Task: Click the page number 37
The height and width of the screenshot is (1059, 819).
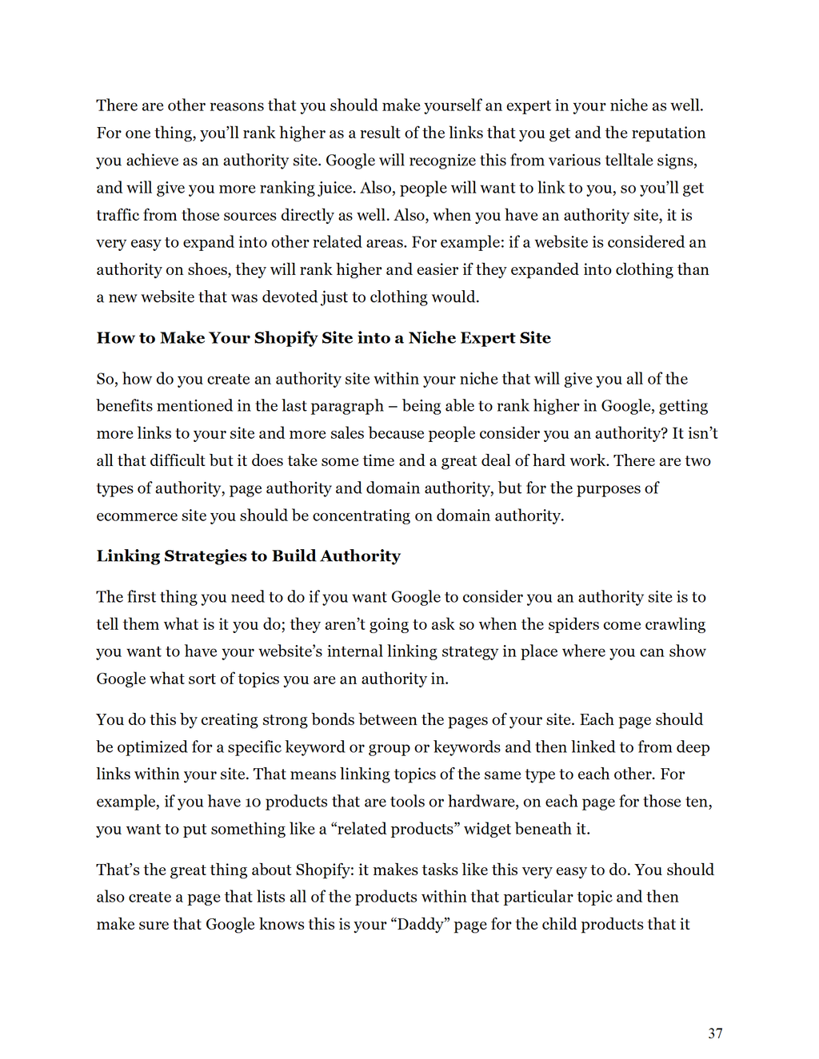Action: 715,1033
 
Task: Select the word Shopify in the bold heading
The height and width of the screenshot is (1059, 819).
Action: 286,337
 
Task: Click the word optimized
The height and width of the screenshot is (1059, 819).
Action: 153,746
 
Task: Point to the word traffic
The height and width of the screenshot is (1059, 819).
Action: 117,215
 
